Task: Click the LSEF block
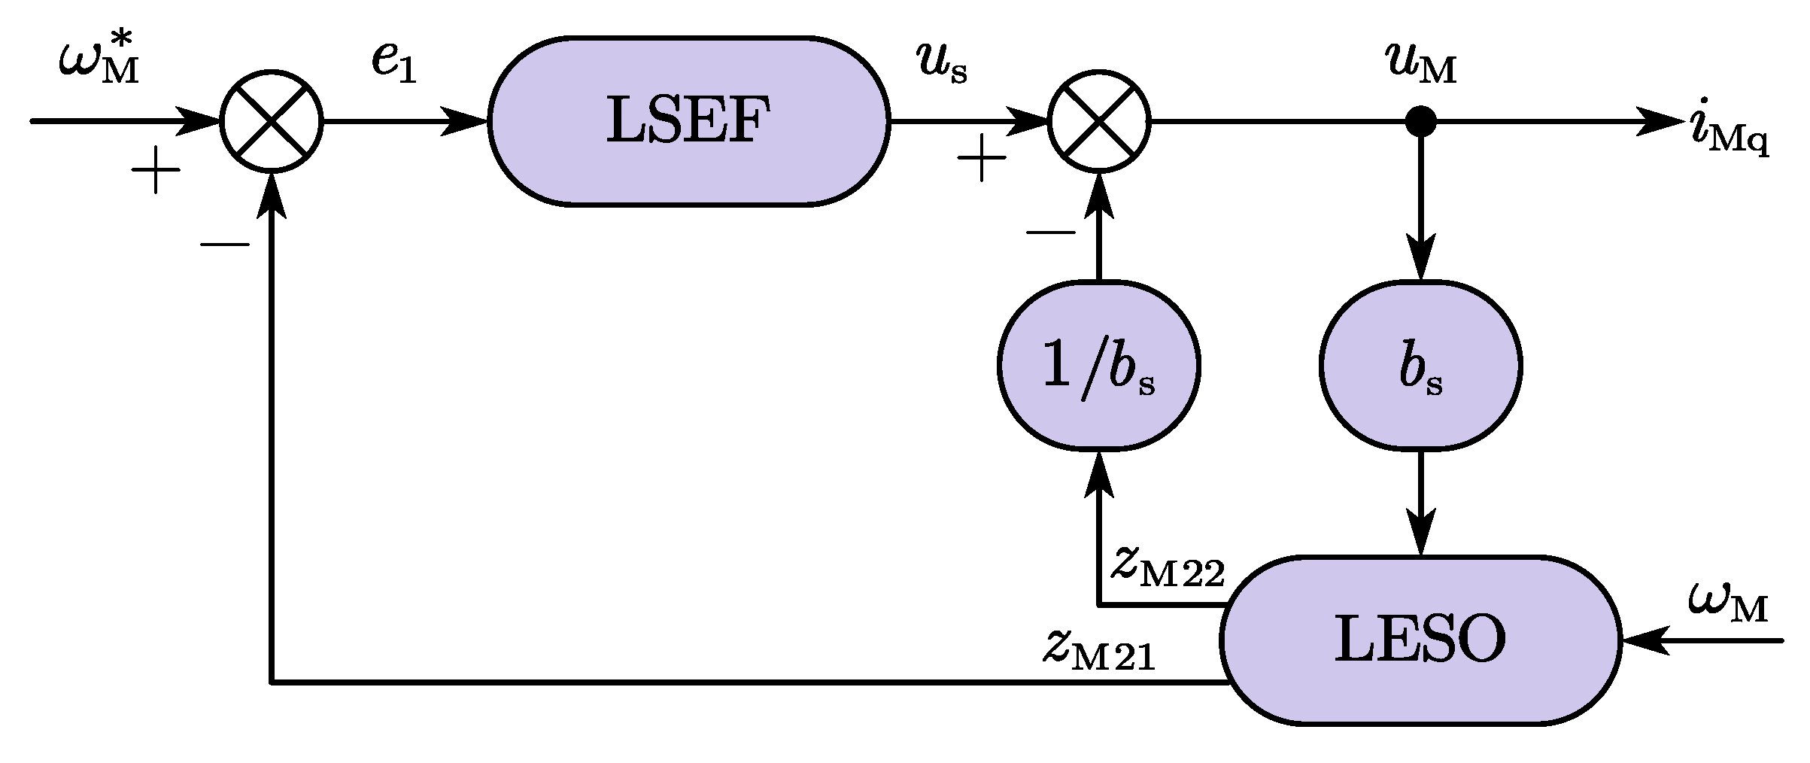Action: point(688,120)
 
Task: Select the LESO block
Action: point(1420,640)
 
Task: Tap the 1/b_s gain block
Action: point(1098,366)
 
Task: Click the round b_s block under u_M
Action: point(1421,366)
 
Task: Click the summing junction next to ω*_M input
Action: point(272,120)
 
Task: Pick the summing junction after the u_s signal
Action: point(1099,120)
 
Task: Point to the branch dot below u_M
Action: point(1420,120)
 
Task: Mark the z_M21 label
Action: point(1098,652)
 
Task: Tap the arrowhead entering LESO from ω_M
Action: point(1644,640)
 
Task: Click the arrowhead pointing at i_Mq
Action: point(1659,120)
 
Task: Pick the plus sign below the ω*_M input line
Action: point(156,170)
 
